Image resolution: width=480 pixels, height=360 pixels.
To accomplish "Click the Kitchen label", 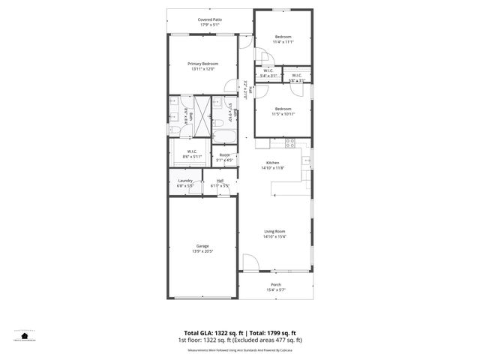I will point(274,163).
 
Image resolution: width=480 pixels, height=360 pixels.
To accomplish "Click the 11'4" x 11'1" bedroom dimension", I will point(283,42).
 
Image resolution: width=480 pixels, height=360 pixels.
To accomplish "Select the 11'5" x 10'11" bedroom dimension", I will point(283,113).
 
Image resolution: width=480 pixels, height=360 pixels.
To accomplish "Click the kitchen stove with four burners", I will point(289,142).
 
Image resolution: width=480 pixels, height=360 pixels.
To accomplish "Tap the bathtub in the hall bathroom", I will point(223,136).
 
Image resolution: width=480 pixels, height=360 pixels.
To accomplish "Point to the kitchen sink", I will point(306,160).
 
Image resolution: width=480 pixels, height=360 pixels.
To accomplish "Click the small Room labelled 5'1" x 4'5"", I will point(224,155).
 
